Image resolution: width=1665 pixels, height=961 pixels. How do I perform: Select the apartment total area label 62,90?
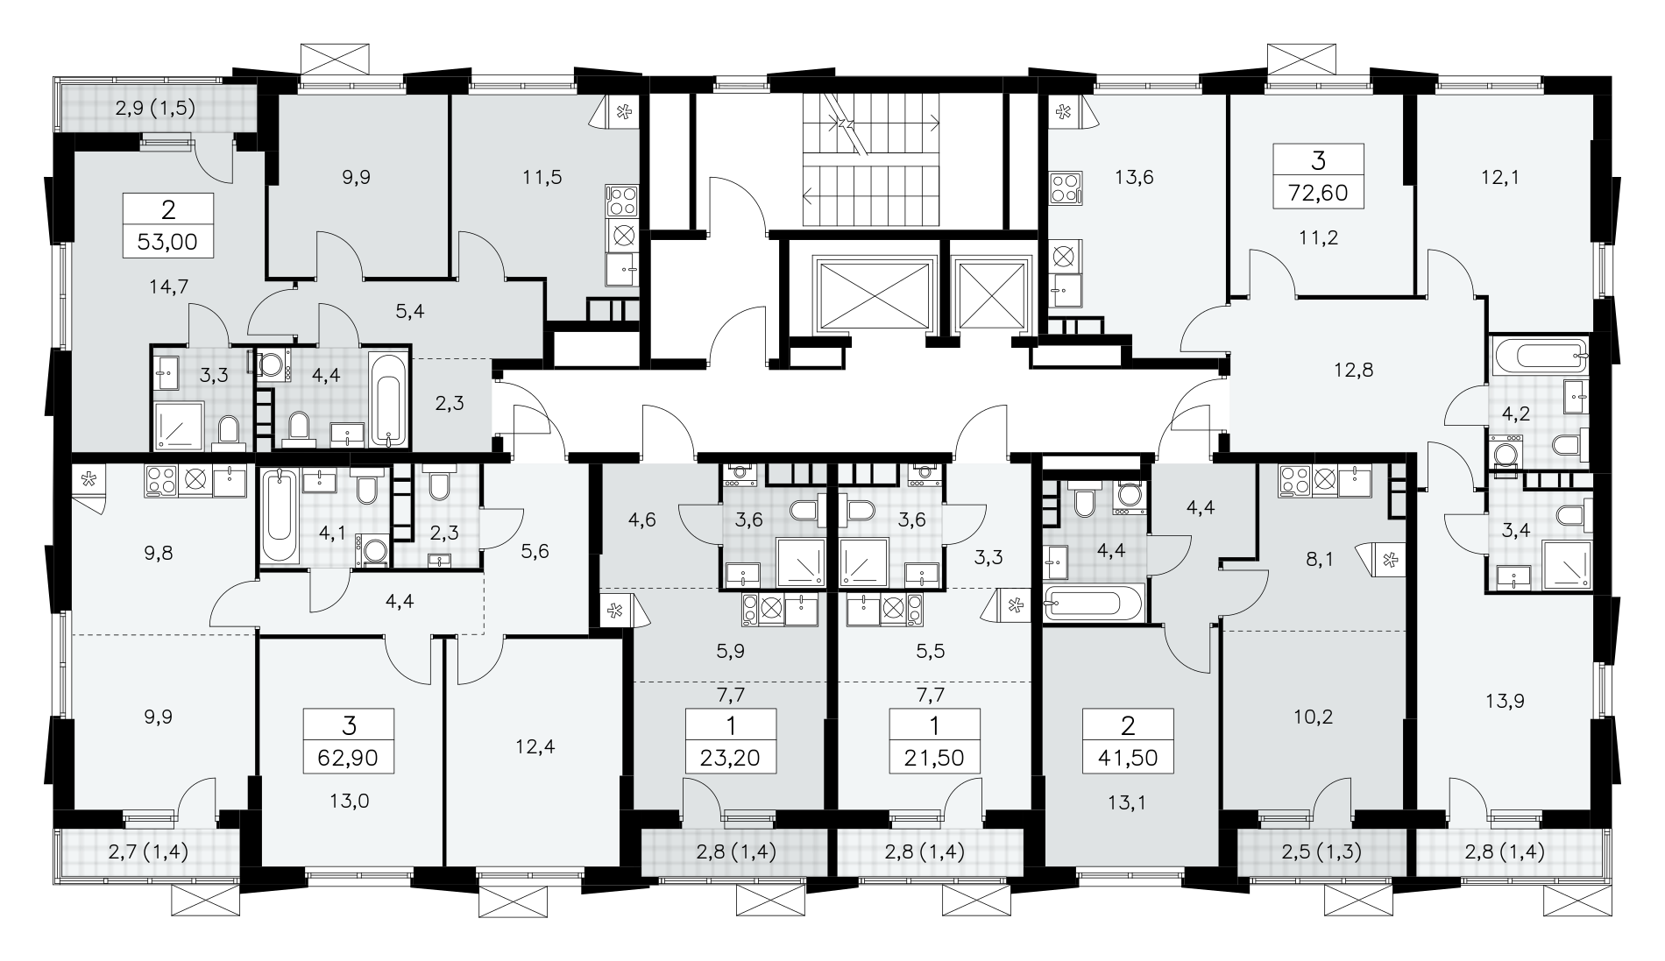(349, 756)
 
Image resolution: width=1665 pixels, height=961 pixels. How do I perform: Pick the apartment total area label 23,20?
(731, 756)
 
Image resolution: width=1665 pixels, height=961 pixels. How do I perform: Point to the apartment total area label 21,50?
(934, 756)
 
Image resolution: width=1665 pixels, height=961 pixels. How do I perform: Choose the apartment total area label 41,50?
(1128, 756)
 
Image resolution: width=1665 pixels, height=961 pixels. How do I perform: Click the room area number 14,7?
(170, 286)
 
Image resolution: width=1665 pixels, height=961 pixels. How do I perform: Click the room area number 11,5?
(542, 177)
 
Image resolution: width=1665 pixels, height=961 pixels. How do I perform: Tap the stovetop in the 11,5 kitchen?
(623, 201)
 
